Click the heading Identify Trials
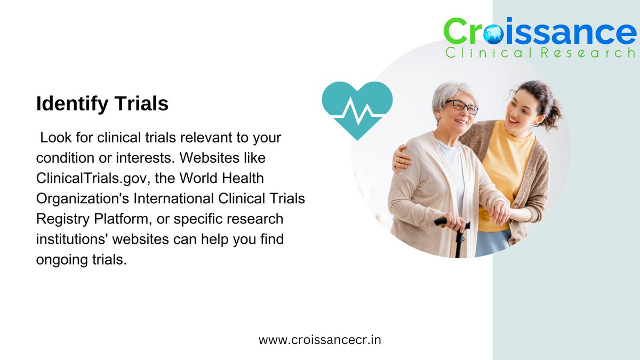click(102, 104)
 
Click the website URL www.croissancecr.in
click(319, 340)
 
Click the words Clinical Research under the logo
click(540, 53)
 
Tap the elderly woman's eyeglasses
click(462, 105)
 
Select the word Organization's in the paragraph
click(82, 199)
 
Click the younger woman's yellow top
click(507, 171)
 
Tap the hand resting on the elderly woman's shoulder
click(398, 158)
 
